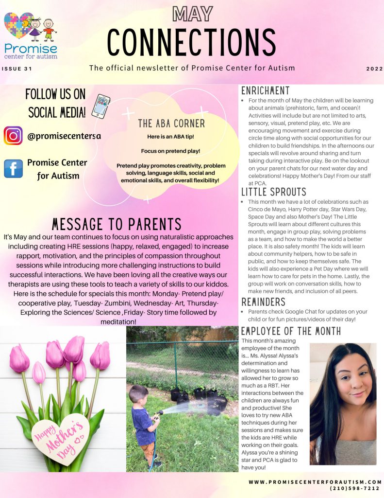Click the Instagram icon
pos(13,136)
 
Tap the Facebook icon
pos(13,168)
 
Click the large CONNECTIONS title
pos(192,42)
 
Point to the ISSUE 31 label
pos(17,69)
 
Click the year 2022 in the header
pos(374,69)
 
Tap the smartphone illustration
pos(100,107)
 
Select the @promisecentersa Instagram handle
pos(64,136)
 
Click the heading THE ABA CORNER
pos(171,124)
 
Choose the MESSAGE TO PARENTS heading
pos(117,224)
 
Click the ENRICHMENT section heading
pos(266,91)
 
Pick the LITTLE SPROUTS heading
pos(274,192)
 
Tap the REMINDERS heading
pos(263,302)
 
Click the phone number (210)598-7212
pos(354,488)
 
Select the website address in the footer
pos(315,481)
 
